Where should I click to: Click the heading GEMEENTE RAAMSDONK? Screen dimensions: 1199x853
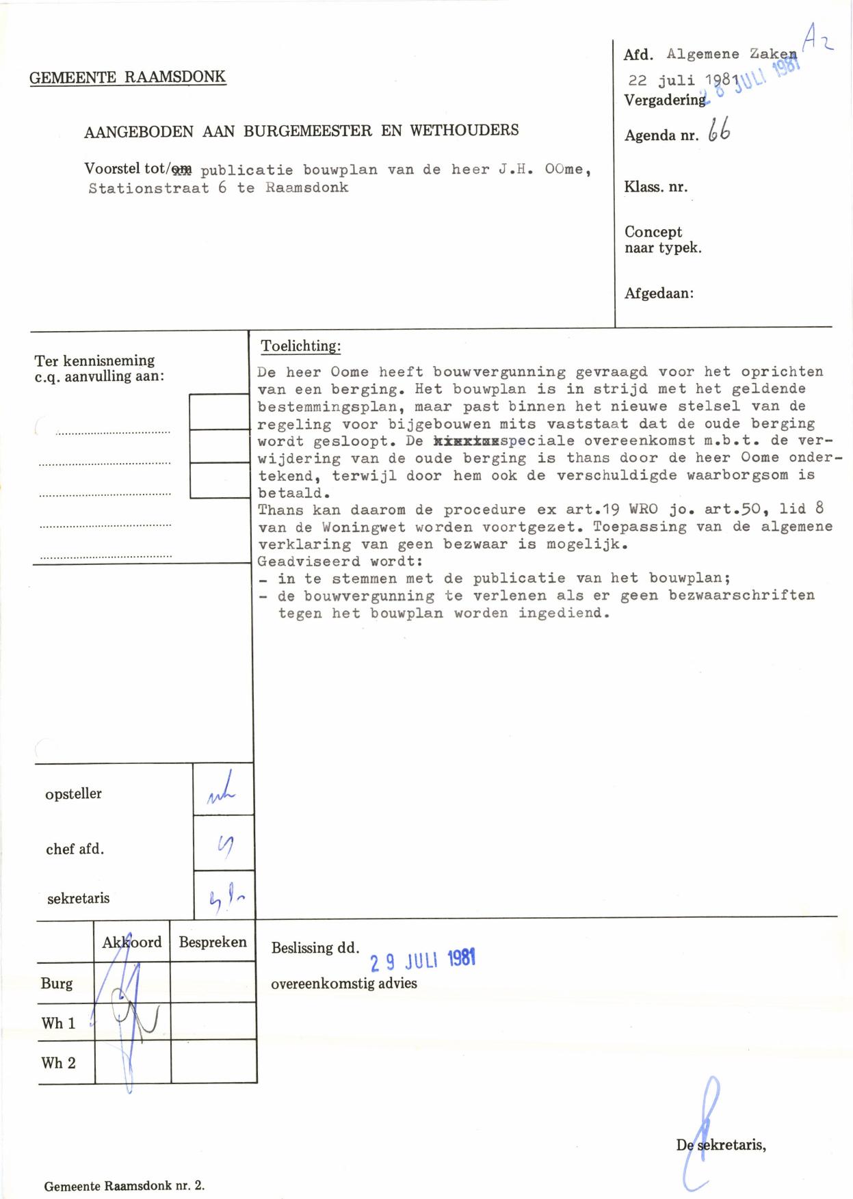[127, 77]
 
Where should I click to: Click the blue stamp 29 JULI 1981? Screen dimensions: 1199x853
[422, 960]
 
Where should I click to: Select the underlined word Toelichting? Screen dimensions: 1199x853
[300, 346]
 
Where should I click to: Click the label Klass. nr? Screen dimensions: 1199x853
[655, 187]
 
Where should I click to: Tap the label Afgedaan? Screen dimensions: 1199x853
[659, 293]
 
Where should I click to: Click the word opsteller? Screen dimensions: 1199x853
[73, 794]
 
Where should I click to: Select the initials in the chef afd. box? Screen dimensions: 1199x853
[224, 847]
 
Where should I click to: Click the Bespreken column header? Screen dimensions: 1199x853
[213, 942]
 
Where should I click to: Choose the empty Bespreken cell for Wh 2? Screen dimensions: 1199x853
[213, 1062]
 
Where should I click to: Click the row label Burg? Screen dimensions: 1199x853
[56, 984]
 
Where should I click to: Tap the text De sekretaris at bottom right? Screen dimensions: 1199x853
[721, 1145]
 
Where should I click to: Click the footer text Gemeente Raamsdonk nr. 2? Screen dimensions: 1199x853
[124, 1186]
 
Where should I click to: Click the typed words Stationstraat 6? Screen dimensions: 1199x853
[157, 188]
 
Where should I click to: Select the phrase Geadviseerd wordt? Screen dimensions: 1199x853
[339, 562]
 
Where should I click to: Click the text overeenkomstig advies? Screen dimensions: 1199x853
[344, 984]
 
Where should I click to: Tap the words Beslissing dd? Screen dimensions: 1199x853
[315, 948]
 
